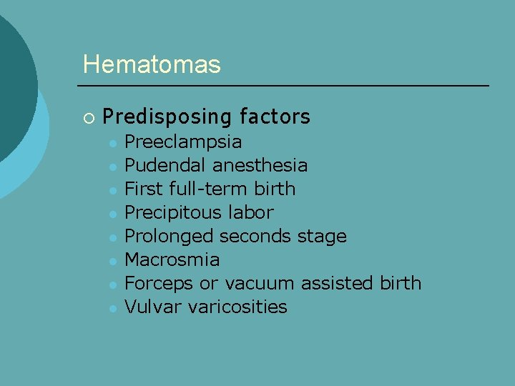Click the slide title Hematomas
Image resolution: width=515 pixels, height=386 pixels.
[152, 64]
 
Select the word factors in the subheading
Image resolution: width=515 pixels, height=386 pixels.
[275, 116]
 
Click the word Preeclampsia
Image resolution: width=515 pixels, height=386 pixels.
[183, 142]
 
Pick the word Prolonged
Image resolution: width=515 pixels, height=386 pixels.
[170, 237]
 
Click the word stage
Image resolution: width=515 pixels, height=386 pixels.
[321, 237]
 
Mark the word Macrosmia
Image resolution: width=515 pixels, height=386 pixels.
[172, 259]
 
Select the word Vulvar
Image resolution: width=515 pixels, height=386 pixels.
[147, 307]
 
